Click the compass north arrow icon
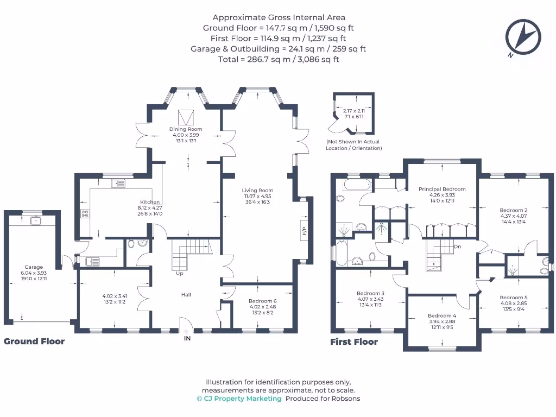[523, 37]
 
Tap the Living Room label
[257, 191]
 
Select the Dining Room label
[186, 129]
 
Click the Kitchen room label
[150, 202]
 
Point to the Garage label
[34, 267]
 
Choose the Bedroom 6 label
[262, 301]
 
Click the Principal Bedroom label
[442, 189]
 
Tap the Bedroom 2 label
[514, 210]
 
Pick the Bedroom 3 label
[370, 293]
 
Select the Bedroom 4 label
[442, 315]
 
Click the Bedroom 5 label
[514, 298]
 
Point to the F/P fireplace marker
[304, 231]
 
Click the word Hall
[186, 295]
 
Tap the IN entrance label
[187, 339]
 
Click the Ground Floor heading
[34, 341]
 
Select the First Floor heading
[354, 342]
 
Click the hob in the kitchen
[85, 213]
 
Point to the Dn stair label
[457, 247]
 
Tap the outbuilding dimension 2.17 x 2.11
[353, 111]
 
